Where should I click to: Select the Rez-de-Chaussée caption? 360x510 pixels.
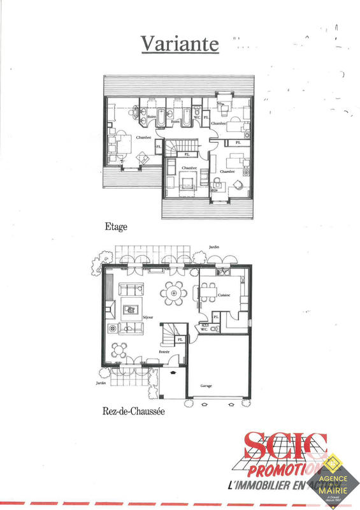pyautogui.click(x=133, y=411)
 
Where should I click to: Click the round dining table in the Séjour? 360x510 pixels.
pyautogui.click(x=173, y=293)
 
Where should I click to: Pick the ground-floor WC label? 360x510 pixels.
pyautogui.click(x=204, y=330)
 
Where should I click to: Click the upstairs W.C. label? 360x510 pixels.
pyautogui.click(x=197, y=117)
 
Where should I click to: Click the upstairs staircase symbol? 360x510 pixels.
pyautogui.click(x=174, y=147)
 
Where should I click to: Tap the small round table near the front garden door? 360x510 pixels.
pyautogui.click(x=119, y=349)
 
